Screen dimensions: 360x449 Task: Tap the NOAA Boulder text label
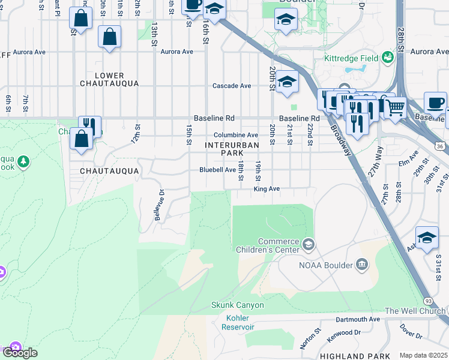coord(325,265)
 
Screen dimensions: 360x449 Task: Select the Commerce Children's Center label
coord(278,246)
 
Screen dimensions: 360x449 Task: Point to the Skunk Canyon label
coord(237,305)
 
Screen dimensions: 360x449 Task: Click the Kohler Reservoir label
coord(238,322)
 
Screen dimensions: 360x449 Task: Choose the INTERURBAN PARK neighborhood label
coord(232,149)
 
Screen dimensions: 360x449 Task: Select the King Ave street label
coord(267,189)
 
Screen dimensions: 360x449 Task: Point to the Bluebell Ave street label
coord(218,170)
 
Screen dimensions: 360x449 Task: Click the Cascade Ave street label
coord(232,86)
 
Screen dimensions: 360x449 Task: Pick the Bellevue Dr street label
coord(160,205)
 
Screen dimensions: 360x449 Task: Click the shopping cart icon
coord(394,109)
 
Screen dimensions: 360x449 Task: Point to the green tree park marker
coord(23,161)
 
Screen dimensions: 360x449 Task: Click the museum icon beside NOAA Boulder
coord(361,265)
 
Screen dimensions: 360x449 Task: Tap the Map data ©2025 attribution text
coord(423,355)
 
